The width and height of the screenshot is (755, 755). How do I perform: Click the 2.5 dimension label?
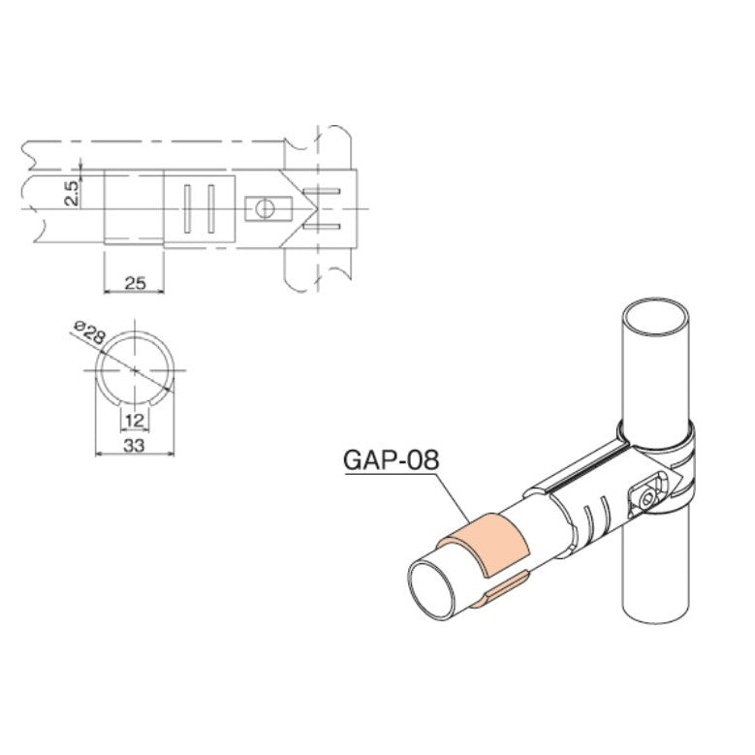tap(71, 190)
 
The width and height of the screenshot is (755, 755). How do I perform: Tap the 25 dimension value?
tap(135, 282)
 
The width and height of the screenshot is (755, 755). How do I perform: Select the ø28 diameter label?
tap(88, 334)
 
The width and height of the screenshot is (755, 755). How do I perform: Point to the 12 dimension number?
tap(134, 420)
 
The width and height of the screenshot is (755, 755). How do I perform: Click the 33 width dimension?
tap(135, 445)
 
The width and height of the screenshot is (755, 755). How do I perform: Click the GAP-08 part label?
tap(392, 458)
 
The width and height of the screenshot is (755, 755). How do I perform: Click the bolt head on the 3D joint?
tap(647, 497)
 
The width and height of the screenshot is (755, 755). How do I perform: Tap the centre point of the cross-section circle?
tap(135, 371)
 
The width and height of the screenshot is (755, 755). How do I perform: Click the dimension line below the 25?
tap(134, 292)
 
